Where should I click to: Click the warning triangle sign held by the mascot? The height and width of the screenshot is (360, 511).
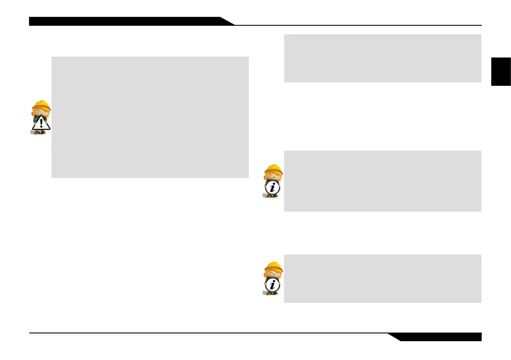tap(41, 124)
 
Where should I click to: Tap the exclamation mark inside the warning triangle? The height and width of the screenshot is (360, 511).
tap(41, 124)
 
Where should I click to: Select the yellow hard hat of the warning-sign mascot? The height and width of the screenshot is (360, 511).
tap(42, 105)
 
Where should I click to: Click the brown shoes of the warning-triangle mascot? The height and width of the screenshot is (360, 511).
tap(40, 132)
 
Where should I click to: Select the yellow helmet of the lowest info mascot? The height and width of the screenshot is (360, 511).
tap(274, 267)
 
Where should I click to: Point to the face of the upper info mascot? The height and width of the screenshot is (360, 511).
tap(272, 176)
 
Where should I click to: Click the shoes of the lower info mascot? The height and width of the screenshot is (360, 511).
tap(272, 293)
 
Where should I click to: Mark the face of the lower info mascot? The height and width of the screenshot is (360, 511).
tap(272, 275)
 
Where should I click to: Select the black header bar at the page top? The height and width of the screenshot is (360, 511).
tap(124, 21)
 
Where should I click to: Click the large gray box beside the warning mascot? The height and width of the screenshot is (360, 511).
tap(150, 117)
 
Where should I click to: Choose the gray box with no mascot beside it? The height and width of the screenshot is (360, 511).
tap(382, 58)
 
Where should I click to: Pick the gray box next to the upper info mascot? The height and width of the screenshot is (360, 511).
tap(382, 181)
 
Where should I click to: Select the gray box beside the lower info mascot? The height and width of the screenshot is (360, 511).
tap(382, 278)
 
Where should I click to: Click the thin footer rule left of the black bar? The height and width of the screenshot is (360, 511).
tap(206, 333)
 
